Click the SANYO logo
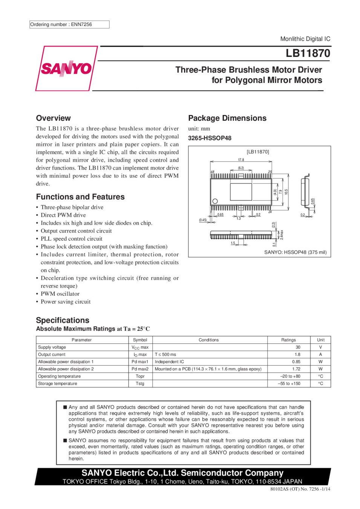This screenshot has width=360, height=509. click(66, 68)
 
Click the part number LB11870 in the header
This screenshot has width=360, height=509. click(308, 54)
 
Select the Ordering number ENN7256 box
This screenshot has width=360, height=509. click(69, 25)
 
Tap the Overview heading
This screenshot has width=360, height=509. click(54, 118)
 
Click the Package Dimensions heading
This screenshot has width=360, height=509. click(227, 118)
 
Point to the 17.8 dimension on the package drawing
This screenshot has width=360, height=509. click(241, 160)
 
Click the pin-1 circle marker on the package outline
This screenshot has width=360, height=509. click(215, 201)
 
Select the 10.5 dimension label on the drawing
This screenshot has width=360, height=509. click(286, 192)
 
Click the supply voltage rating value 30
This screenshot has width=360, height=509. click(298, 347)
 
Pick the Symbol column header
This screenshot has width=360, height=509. click(140, 340)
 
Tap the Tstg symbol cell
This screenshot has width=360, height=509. click(140, 383)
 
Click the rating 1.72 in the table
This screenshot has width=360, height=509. click(296, 369)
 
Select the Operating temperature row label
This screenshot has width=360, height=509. click(59, 376)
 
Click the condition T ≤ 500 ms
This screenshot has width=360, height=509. click(165, 354)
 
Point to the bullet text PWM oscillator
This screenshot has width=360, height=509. click(60, 294)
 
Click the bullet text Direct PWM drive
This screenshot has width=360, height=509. click(63, 215)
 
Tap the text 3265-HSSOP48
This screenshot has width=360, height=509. click(210, 138)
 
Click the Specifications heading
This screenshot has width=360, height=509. click(63, 320)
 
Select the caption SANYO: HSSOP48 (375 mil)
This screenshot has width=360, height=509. click(296, 252)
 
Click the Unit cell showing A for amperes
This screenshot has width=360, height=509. click(320, 354)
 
